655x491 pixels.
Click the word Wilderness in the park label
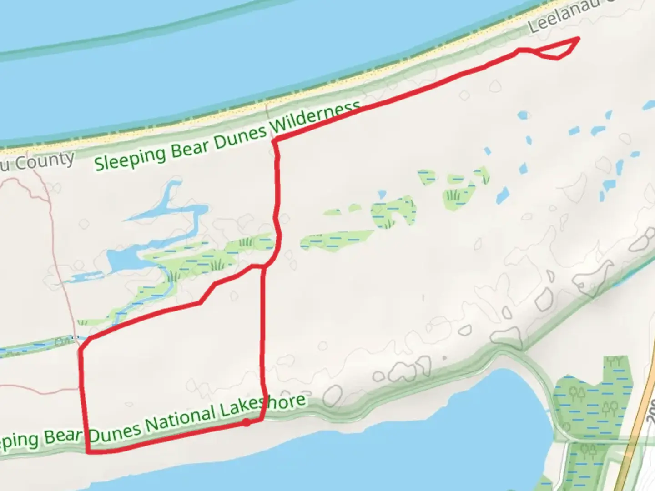(x=318, y=119)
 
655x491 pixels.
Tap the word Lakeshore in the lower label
(x=263, y=407)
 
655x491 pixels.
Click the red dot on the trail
(x=246, y=422)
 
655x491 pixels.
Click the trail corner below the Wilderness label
(x=274, y=140)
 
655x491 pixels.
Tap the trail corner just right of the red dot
(x=262, y=420)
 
